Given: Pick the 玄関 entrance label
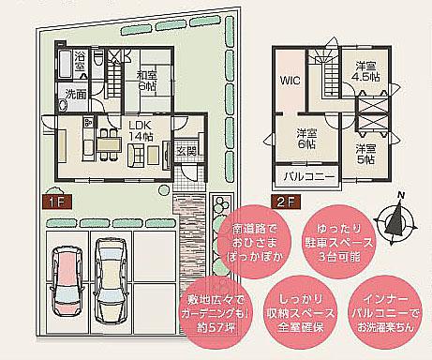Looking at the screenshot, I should (184, 150).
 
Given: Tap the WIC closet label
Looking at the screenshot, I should (288, 82).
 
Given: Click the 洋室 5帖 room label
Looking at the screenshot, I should (365, 153).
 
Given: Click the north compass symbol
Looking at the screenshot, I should (399, 217).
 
